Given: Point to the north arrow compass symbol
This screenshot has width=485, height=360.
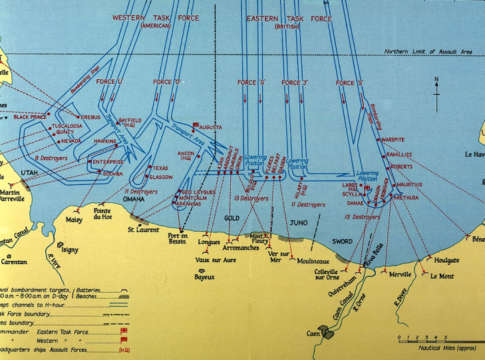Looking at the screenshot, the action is pyautogui.click(x=437, y=87).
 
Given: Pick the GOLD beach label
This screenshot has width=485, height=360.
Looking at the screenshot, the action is pyautogui.click(x=230, y=216).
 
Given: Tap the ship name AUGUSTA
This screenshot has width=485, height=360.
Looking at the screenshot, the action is pyautogui.click(x=211, y=129).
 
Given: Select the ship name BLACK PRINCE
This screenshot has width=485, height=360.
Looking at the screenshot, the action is pyautogui.click(x=31, y=118).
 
